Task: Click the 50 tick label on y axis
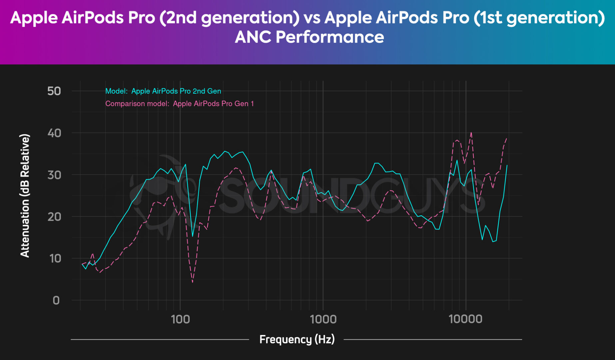[x=54, y=91]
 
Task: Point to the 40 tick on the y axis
[x=54, y=133]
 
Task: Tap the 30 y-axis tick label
[x=54, y=175]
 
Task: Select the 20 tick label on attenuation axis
[x=54, y=217]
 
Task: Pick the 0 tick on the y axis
[x=56, y=300]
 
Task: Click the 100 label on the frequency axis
[x=180, y=319]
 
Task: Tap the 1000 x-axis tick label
[x=323, y=319]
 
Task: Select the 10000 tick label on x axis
[x=465, y=319]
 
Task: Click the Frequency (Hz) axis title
[x=297, y=339]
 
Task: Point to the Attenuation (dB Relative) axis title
[x=25, y=196]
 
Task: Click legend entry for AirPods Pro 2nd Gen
[x=163, y=91]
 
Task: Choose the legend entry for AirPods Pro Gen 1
[x=179, y=104]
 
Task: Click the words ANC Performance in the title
[x=309, y=37]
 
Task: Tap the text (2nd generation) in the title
[x=230, y=17]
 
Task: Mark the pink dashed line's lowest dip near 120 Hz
[x=193, y=282]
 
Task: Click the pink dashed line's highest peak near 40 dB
[x=471, y=132]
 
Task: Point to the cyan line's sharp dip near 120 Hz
[x=193, y=236]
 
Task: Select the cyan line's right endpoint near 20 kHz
[x=507, y=165]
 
